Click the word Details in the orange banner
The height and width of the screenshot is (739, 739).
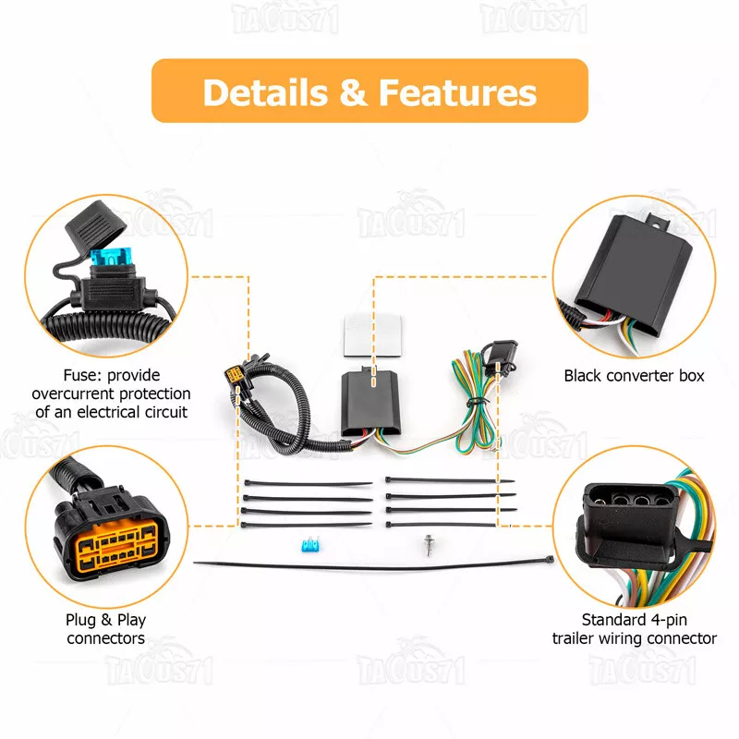pos(265,92)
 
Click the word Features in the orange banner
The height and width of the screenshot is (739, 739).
pos(457,92)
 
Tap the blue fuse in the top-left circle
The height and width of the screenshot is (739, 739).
pos(111,257)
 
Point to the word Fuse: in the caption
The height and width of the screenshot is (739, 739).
pos(82,375)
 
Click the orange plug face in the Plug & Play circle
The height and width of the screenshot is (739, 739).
pos(116,547)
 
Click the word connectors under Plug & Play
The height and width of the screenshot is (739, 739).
pos(105,638)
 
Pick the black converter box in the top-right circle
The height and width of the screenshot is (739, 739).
pos(634,274)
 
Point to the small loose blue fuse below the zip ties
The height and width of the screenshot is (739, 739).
pos(310,544)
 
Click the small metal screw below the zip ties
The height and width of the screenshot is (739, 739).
pos(429,545)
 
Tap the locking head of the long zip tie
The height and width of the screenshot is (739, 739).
pos(549,560)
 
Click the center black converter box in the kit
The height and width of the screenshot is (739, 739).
pos(371,403)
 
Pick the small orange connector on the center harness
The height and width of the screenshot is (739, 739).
pos(235,376)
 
